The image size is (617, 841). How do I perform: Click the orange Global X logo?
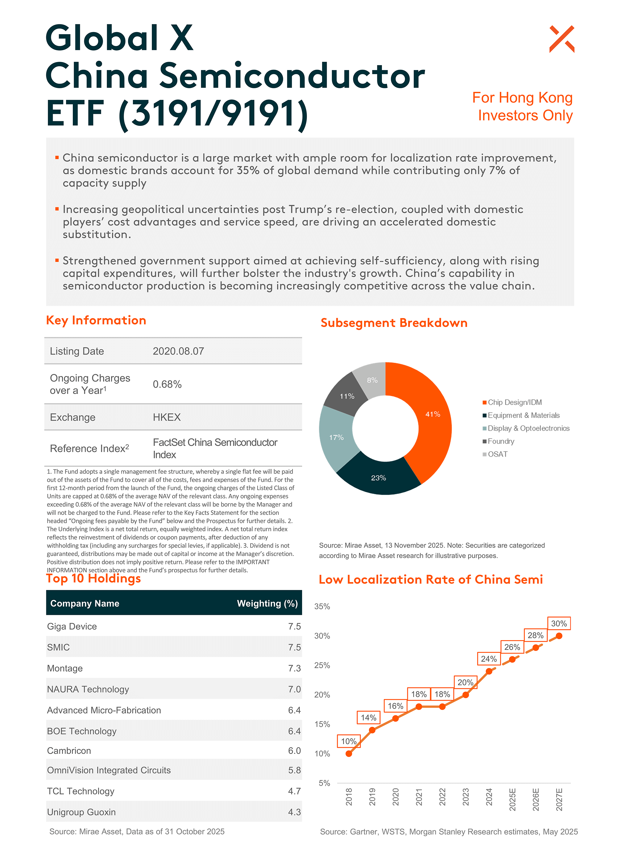pos(561,39)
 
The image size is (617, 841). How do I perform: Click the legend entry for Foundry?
pos(500,441)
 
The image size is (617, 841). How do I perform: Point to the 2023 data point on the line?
pos(465,694)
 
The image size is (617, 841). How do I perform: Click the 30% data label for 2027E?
pos(559,623)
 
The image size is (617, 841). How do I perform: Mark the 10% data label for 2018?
pos(349,741)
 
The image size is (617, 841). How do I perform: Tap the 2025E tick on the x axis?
pos(512,799)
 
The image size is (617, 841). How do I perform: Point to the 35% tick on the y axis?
pos(322,607)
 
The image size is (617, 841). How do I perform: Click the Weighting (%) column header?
pos(267,603)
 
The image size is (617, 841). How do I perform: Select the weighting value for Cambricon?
pos(294,751)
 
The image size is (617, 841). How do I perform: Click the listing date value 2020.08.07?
pos(178,351)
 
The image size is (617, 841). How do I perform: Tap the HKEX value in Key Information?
pos(167,417)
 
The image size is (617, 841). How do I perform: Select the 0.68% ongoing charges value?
pos(167,384)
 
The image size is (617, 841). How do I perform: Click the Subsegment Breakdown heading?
pos(394,323)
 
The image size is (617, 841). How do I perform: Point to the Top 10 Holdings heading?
pos(93,578)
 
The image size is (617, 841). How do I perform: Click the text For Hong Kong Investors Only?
pos(523,106)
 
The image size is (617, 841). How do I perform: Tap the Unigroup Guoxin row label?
pos(81,812)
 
